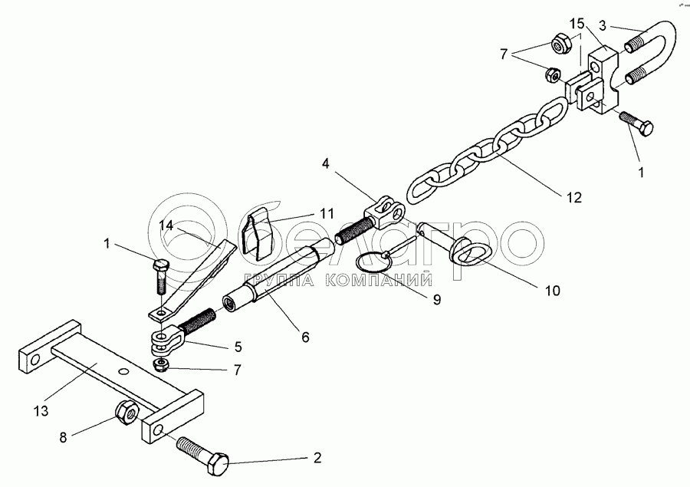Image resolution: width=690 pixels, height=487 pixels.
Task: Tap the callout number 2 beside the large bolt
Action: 316,459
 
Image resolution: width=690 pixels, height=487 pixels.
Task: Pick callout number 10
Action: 551,291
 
